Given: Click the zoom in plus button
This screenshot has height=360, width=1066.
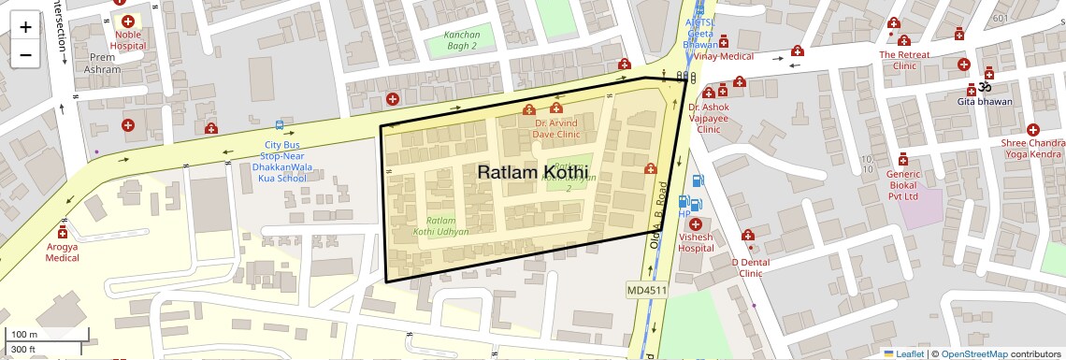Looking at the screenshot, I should (25, 27).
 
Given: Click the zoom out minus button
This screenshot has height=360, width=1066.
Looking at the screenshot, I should (25, 55).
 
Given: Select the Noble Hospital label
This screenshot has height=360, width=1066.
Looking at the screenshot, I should (128, 39).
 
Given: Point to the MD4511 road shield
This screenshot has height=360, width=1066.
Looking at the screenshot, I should (646, 290).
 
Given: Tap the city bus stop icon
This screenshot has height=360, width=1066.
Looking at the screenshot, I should (279, 125).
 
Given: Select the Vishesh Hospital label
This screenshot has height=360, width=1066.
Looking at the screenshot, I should (696, 243).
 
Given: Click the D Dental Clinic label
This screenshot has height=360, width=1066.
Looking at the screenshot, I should (750, 267).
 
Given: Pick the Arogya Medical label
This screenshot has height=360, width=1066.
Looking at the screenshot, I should (63, 252).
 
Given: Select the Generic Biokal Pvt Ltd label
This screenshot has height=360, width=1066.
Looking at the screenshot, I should (902, 185).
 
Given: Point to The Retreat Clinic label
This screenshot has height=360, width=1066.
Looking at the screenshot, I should (904, 60).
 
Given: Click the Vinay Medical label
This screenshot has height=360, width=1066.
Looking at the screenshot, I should (723, 56).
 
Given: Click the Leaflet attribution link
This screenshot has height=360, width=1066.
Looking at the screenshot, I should (909, 353).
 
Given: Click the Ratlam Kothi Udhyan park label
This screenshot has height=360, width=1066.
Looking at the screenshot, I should (441, 224).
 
